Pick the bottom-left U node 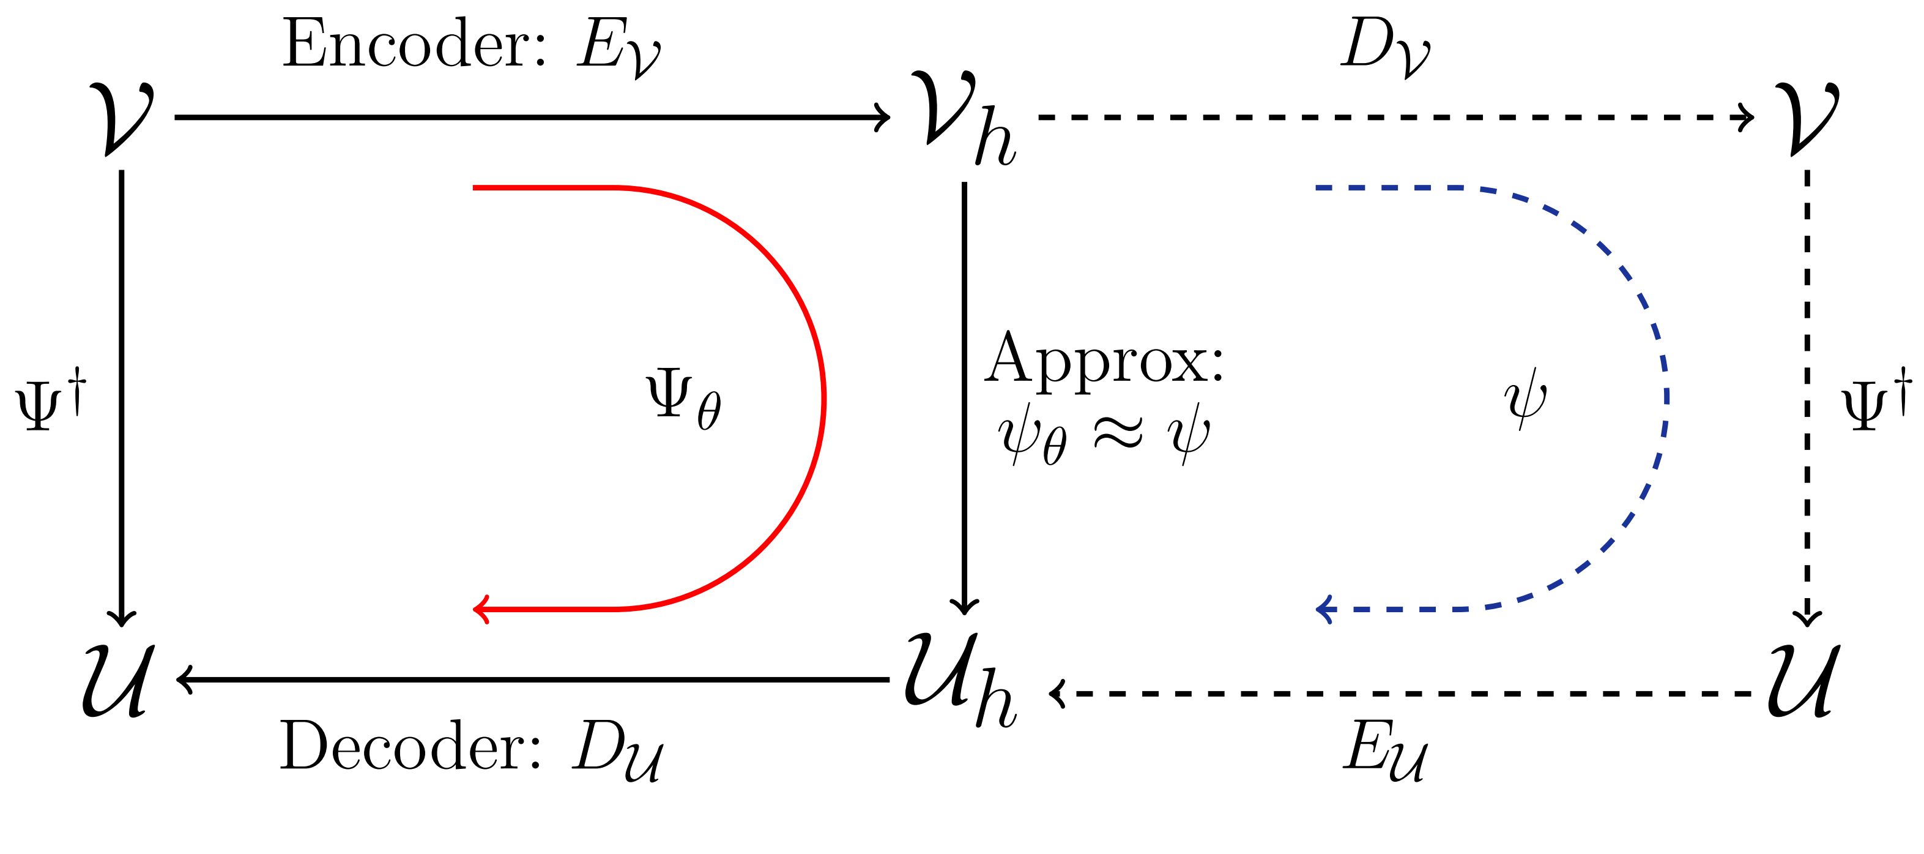tap(119, 680)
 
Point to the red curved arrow tap(822, 396)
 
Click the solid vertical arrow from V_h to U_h tap(964, 396)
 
